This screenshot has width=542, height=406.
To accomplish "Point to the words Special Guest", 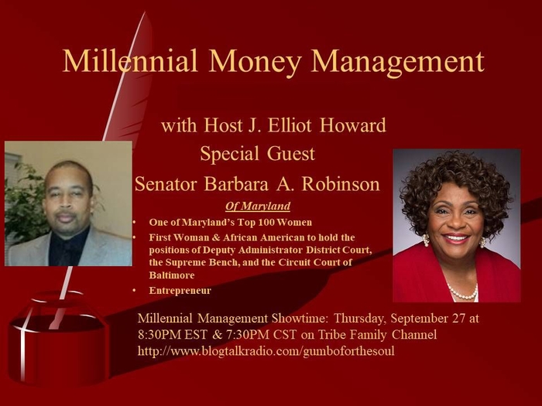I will [x=258, y=154].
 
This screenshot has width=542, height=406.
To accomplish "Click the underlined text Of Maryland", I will [x=258, y=206].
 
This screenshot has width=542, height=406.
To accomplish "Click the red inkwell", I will [x=54, y=340].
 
